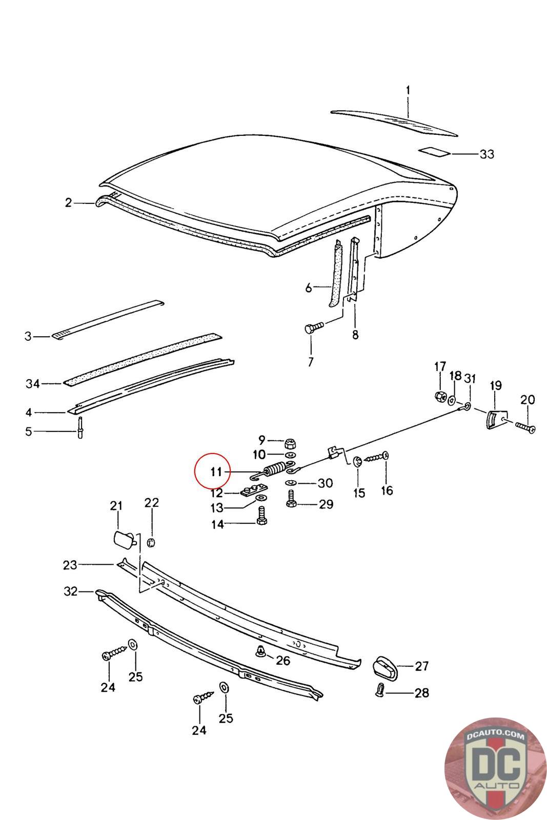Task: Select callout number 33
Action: [487, 154]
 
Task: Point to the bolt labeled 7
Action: [312, 327]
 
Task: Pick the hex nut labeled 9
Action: [290, 442]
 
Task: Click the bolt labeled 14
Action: [262, 515]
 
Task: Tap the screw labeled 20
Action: [525, 426]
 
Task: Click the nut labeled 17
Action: [439, 396]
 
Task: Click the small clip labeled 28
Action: [380, 690]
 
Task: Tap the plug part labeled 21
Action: [123, 540]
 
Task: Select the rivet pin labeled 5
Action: [80, 427]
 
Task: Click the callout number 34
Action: [33, 383]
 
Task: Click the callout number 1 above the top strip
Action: [408, 91]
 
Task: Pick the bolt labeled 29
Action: [292, 498]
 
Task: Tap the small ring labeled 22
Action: [151, 542]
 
